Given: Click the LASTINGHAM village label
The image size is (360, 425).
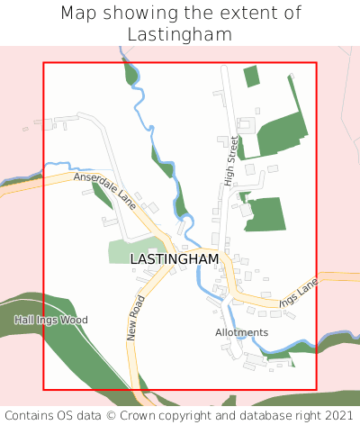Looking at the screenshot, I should [175, 258].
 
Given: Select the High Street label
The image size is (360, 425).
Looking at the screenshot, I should [232, 161].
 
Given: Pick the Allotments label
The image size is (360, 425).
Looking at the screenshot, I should [241, 332].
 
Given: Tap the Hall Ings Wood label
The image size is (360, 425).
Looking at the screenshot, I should [51, 320].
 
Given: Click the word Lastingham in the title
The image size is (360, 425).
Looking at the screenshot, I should [180, 34].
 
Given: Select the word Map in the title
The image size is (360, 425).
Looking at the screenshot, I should [78, 14].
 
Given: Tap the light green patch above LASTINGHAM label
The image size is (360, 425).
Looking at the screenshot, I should [130, 251].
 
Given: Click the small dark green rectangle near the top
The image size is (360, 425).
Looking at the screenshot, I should [251, 77].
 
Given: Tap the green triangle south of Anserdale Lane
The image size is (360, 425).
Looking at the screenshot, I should [102, 195].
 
